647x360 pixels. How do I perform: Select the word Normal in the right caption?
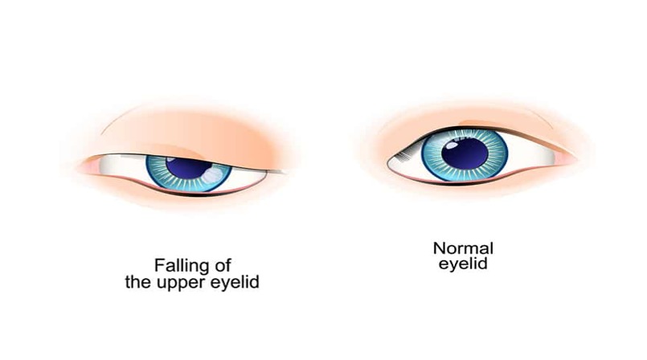(x=463, y=248)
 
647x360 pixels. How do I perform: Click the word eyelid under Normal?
(x=463, y=264)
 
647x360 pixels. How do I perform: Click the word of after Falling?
(x=223, y=265)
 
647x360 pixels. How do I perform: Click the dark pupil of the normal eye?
(x=465, y=153)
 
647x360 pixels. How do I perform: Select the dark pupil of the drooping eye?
(x=189, y=167)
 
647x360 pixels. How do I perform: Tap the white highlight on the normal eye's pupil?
(x=452, y=145)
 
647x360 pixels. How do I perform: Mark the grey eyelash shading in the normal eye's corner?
(x=403, y=156)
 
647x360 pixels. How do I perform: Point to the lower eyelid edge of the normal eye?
(x=470, y=182)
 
